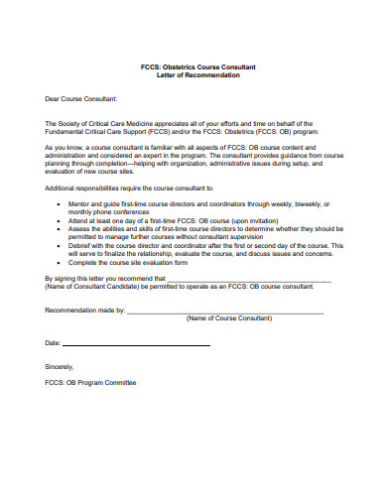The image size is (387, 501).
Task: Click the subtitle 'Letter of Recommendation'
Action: tap(193, 75)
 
